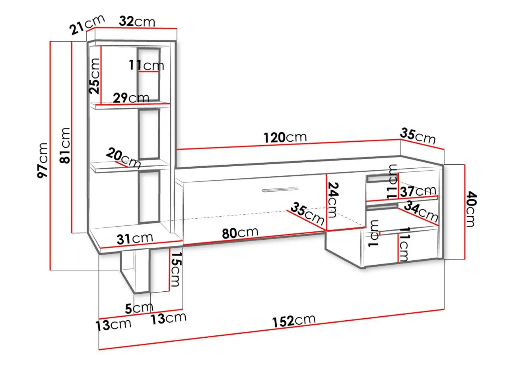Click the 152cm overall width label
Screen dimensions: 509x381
click(294, 321)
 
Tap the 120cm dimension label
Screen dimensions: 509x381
click(285, 137)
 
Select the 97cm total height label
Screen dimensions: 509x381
click(43, 160)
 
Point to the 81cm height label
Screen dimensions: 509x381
click(64, 146)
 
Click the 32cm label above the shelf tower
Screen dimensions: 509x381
click(137, 21)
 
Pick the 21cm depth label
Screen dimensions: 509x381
click(87, 25)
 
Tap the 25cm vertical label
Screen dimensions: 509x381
click(94, 76)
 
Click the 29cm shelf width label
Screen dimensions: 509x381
click(131, 98)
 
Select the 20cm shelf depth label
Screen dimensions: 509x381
click(123, 158)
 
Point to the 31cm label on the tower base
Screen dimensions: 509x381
click(135, 239)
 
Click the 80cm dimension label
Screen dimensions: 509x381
click(240, 233)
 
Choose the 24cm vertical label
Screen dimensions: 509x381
click(333, 200)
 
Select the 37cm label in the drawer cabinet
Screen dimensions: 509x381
click(418, 191)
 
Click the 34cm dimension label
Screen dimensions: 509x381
click(421, 212)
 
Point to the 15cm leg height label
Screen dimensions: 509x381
click(176, 269)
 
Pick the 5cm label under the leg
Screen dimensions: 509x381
click(139, 308)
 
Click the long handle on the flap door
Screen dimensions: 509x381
click(280, 190)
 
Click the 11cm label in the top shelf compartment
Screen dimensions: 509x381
click(147, 65)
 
